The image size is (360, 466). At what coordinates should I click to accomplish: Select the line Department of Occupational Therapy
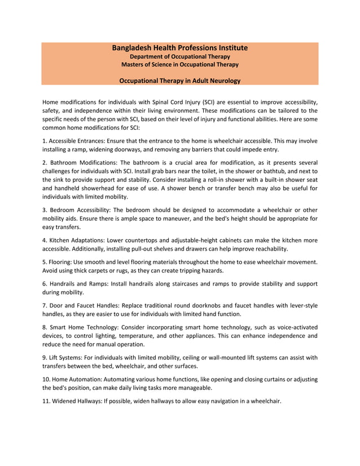(180, 56)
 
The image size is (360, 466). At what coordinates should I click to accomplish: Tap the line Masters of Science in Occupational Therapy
(180, 64)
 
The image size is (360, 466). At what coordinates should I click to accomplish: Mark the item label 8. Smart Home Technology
(80, 327)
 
